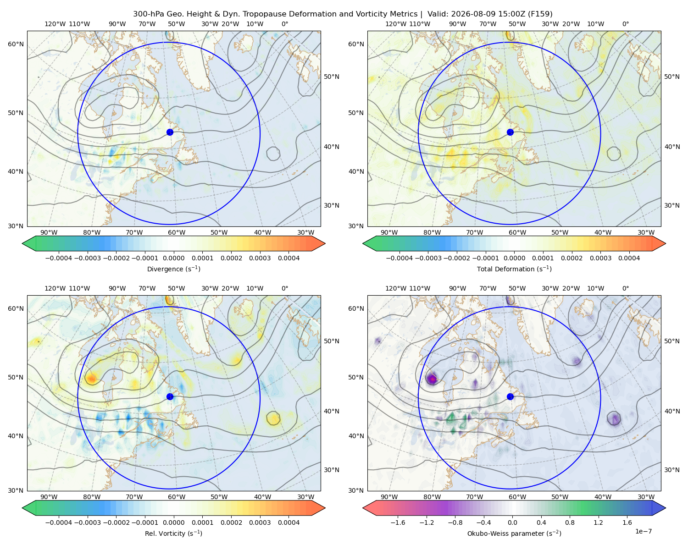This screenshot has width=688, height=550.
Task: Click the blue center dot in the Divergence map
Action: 170,132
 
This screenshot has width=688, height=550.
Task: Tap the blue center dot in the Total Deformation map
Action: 510,132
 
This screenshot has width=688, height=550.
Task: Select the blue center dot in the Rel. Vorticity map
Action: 170,396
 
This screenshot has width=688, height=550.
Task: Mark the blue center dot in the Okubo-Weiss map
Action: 510,396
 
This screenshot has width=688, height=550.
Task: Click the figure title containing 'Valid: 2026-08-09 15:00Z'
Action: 343,14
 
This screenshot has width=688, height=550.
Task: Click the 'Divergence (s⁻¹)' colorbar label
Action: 173,269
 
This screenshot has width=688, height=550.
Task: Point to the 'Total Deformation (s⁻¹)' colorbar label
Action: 514,269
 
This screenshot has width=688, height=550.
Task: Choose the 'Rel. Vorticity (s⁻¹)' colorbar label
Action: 173,533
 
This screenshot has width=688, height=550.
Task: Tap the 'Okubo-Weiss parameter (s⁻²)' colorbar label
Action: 514,533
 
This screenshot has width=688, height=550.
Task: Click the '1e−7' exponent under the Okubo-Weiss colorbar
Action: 643,531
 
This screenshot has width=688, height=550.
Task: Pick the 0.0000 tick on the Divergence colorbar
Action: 173,258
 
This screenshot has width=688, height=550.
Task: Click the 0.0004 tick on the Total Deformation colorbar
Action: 629,258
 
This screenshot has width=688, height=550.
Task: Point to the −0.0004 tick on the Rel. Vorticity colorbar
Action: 59,522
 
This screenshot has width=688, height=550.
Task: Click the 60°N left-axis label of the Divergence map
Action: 16,44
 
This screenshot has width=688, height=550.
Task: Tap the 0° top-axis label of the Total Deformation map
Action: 625,24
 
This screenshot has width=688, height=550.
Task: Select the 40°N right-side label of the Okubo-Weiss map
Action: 672,411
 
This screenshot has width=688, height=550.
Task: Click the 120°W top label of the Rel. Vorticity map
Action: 55,288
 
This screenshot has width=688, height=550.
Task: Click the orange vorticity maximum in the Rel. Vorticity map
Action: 91,379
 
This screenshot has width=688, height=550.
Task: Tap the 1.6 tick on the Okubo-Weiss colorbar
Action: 627,522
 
